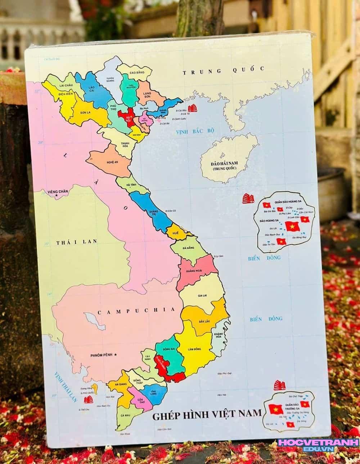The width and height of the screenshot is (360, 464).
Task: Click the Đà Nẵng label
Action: pyautogui.click(x=188, y=248)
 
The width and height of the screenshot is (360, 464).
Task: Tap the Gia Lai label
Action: pyautogui.click(x=203, y=296)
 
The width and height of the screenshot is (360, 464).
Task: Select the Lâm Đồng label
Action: pyautogui.click(x=194, y=349)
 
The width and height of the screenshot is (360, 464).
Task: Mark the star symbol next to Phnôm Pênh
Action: pyautogui.click(x=116, y=355)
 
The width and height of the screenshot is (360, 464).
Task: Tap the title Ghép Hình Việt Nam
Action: pyautogui.click(x=207, y=416)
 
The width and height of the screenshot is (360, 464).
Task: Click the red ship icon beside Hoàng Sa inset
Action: pyautogui.click(x=248, y=199)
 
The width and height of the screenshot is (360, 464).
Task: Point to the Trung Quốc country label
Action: pyautogui.click(x=223, y=70)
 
